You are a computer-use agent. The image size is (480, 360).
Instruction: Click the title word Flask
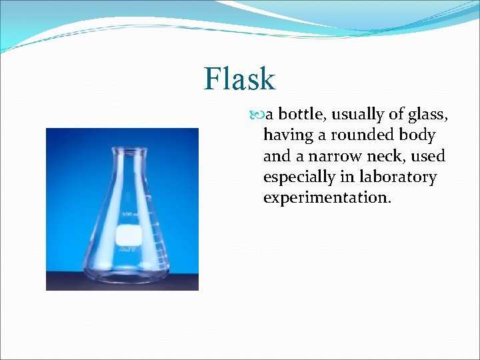point(239,79)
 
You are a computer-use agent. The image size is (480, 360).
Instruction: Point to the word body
point(417,135)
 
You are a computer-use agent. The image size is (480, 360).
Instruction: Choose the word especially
point(299,177)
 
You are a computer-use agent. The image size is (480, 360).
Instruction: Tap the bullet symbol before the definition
point(259,115)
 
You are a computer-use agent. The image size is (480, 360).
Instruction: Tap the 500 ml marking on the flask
point(127,214)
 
